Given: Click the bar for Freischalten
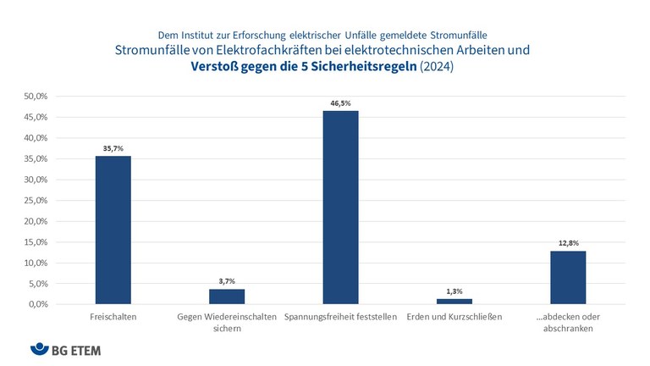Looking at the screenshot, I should pyautogui.click(x=113, y=230).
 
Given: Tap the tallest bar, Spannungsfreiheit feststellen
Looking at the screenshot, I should pyautogui.click(x=340, y=208).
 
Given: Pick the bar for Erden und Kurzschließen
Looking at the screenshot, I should pyautogui.click(x=454, y=301).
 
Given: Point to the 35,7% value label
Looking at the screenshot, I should pyautogui.click(x=113, y=147).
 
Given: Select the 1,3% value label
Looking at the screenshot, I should pyautogui.click(x=454, y=291).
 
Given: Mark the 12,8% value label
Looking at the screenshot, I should pyautogui.click(x=568, y=242).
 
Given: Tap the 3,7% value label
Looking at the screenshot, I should pyautogui.click(x=227, y=280).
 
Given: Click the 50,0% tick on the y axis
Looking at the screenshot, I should pyautogui.click(x=36, y=97).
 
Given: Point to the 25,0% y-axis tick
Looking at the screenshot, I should pyautogui.click(x=36, y=201).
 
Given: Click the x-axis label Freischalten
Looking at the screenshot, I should pyautogui.click(x=113, y=318).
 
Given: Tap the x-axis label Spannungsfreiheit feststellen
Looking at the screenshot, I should pyautogui.click(x=340, y=318).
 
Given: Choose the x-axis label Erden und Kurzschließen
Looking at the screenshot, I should pyautogui.click(x=454, y=318).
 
